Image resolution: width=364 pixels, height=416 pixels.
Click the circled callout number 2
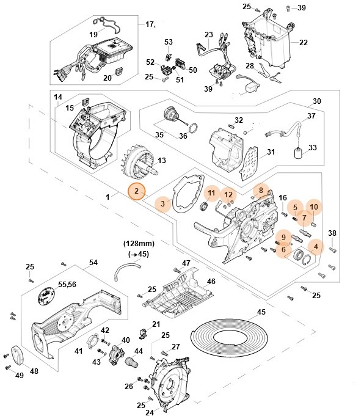click(137, 192)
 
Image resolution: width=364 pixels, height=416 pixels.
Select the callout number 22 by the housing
click(304, 42)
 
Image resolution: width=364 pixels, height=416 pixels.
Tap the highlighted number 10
click(313, 207)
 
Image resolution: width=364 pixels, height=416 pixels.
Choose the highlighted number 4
click(315, 247)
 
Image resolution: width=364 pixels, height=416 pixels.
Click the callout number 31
click(271, 151)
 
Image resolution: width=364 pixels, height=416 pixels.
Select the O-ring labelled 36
click(193, 129)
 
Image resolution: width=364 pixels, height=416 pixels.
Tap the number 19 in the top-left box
click(93, 35)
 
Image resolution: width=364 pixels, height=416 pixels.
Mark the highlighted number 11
click(211, 194)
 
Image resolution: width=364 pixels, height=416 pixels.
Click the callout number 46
click(210, 282)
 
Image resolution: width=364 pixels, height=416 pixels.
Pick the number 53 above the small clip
click(169, 42)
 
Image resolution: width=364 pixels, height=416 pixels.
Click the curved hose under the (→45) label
click(126, 269)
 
